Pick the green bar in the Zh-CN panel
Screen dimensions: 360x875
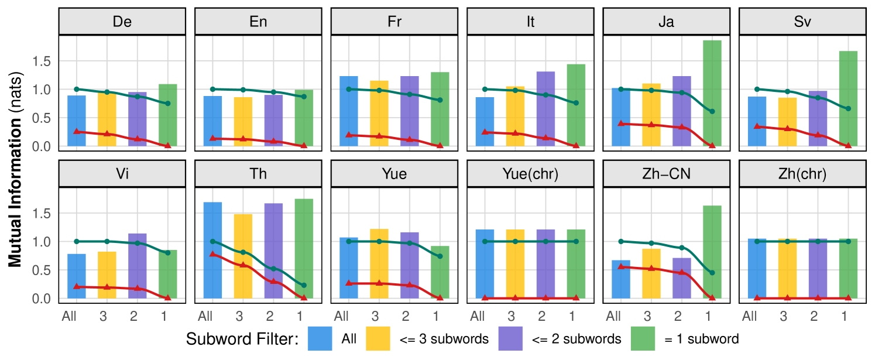(712, 252)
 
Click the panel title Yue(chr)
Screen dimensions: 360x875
(530, 174)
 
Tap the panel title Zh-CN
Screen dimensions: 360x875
(666, 174)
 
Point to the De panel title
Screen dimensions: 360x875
(122, 22)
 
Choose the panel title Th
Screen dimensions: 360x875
(258, 174)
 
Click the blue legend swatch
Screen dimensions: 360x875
(320, 338)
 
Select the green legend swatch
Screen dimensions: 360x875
(643, 338)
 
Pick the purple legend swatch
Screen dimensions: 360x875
(510, 338)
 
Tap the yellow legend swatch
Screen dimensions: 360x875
(378, 338)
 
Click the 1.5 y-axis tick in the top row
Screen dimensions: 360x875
(45, 61)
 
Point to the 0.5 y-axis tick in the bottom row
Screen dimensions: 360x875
(45, 270)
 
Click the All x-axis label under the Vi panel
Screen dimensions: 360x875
(70, 317)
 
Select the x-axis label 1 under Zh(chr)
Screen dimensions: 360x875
(844, 317)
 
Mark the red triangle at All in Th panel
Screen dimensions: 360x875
(212, 254)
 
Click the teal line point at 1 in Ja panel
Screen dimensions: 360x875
(712, 111)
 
